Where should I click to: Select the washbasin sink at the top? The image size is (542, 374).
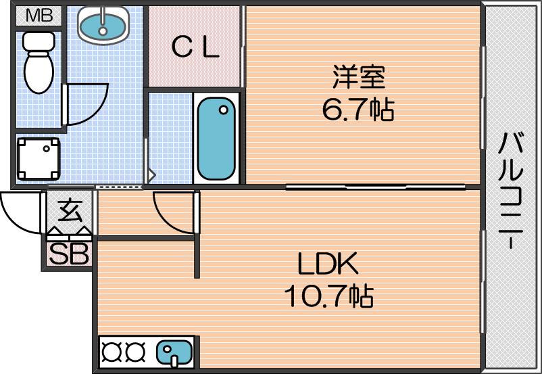(x=102, y=25)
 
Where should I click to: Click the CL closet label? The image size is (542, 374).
(x=195, y=47)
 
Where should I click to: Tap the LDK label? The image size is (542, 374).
(x=328, y=264)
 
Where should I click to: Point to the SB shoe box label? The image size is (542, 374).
(x=69, y=254)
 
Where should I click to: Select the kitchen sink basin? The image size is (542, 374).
(x=174, y=352)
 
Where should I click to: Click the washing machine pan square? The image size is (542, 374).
(x=38, y=159)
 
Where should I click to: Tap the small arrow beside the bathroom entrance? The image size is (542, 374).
(x=151, y=175)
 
